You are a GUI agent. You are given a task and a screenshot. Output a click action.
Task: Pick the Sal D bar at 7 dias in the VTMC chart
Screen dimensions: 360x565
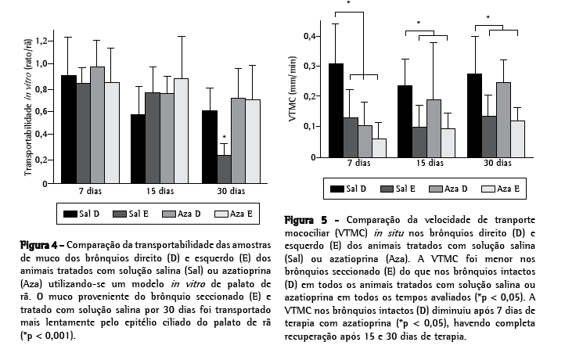pyautogui.click(x=336, y=110)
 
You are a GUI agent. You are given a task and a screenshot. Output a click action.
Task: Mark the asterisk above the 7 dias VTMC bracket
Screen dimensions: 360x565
pyautogui.click(x=348, y=3)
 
